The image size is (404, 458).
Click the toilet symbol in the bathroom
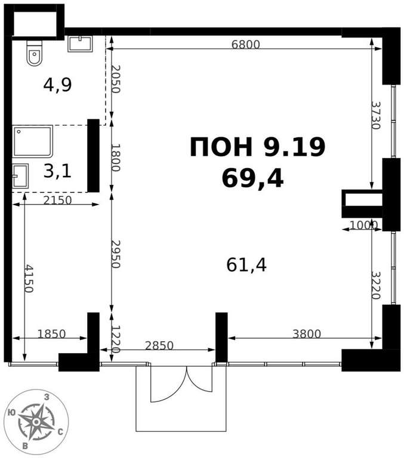[35, 52]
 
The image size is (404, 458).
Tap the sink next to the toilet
[80, 44]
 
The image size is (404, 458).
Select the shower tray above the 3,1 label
[32, 141]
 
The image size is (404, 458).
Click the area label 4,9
[57, 85]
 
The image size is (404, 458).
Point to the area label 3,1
[57, 171]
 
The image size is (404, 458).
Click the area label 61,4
[246, 265]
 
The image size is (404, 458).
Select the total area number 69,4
[252, 178]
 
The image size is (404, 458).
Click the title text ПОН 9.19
[258, 147]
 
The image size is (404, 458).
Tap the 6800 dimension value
[245, 44]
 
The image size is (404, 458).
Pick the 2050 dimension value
[116, 79]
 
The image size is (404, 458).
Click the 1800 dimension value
[116, 157]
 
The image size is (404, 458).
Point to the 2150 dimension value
[57, 200]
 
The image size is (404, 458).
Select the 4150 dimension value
[29, 278]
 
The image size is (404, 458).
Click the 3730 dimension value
[376, 115]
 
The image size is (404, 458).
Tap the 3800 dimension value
[307, 333]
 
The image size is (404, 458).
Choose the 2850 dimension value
[159, 345]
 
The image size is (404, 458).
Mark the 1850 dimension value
[51, 333]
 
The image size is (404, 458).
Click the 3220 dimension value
[376, 286]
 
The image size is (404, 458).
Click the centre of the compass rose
[36, 422]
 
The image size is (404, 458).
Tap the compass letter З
[47, 397]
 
